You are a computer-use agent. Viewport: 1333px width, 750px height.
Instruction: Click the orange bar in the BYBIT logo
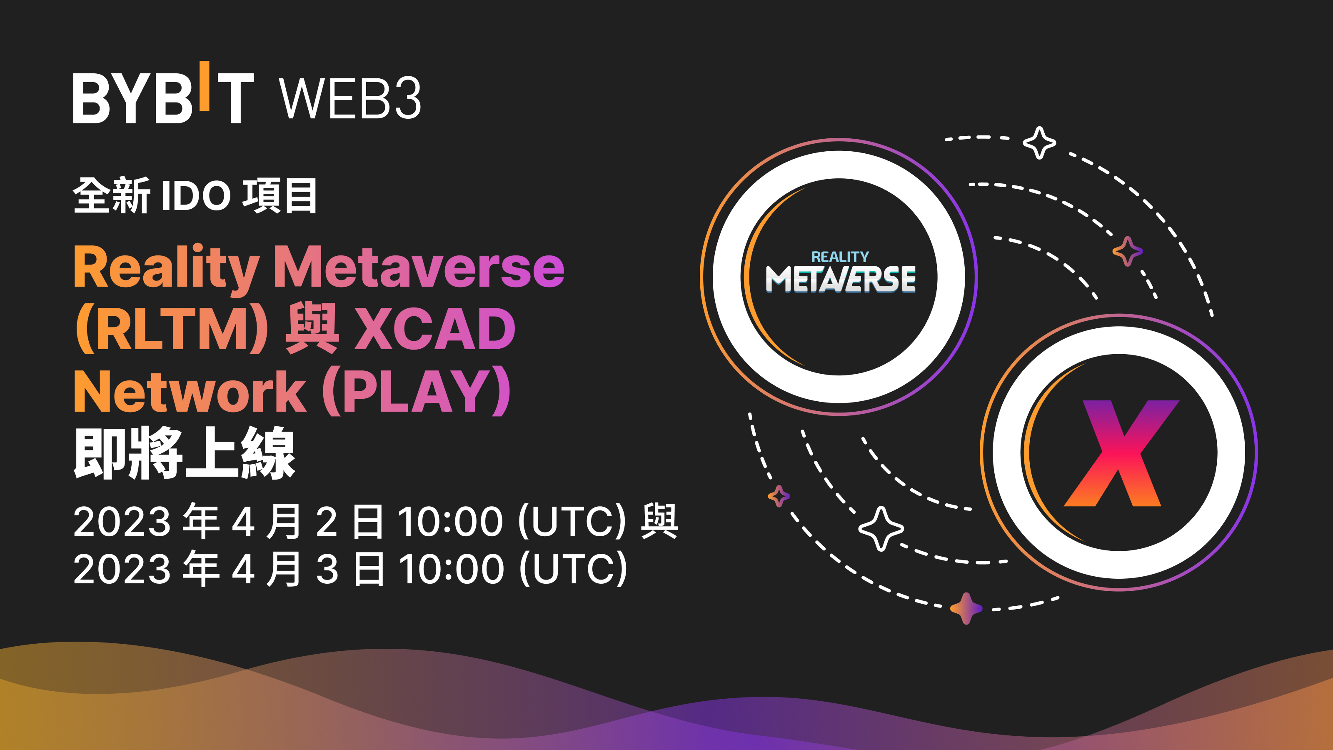click(205, 86)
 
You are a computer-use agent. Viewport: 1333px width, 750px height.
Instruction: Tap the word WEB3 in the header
click(350, 98)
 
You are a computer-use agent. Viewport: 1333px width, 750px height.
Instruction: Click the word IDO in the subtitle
click(196, 196)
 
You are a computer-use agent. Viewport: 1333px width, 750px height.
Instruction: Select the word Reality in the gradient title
click(166, 268)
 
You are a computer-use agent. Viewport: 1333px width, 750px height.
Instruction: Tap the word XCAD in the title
click(434, 329)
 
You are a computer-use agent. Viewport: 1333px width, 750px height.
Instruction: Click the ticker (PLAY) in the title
click(417, 392)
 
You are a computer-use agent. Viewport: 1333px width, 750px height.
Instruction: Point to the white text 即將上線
click(184, 453)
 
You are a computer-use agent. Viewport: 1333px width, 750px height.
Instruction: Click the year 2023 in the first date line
click(122, 521)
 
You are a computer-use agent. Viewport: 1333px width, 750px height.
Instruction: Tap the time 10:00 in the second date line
click(451, 569)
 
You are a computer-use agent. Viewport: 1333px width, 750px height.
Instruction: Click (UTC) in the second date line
click(573, 569)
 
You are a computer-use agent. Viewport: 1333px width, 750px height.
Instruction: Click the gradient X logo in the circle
click(1120, 453)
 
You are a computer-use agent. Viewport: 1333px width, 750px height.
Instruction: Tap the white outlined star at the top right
click(1039, 142)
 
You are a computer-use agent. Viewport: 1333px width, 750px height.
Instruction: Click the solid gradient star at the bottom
click(966, 608)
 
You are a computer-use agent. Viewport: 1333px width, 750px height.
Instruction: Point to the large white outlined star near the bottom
click(881, 528)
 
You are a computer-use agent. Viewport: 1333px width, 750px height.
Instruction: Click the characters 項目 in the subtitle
click(280, 196)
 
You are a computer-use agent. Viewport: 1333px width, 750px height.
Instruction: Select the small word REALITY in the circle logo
click(840, 257)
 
